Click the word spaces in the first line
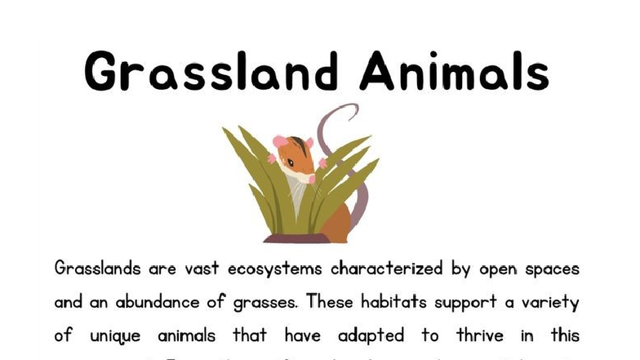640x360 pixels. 550,269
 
